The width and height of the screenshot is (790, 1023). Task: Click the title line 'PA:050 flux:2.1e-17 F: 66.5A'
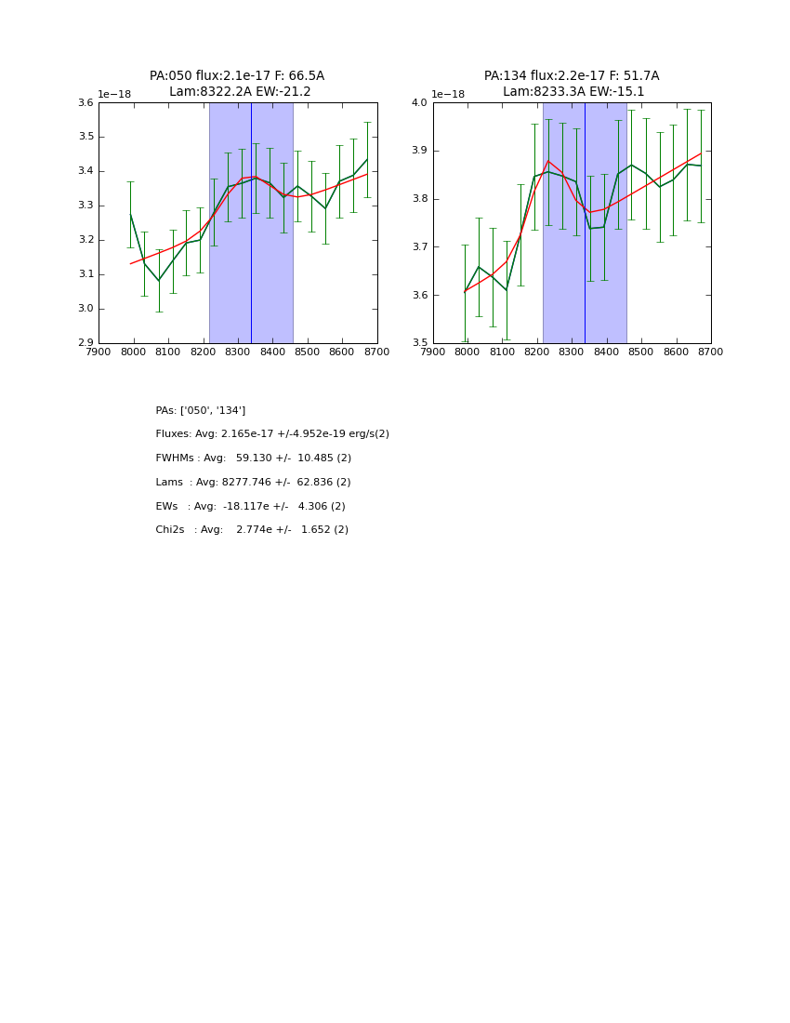[237, 76]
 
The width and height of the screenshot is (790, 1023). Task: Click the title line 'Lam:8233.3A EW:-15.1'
[573, 92]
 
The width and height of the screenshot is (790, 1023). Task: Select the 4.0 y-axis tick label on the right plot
[419, 103]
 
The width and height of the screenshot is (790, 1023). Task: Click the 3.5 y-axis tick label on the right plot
[419, 343]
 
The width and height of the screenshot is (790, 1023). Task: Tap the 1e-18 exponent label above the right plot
[448, 94]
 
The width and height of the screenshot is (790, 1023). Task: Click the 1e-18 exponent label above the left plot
[114, 94]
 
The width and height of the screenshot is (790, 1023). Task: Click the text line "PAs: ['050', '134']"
[201, 411]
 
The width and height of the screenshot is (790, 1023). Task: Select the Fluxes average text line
[272, 434]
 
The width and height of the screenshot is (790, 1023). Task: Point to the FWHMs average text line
[254, 458]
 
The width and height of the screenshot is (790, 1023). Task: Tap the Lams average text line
[254, 483]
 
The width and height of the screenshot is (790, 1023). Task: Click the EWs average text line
[251, 507]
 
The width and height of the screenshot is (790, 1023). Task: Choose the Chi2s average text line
[252, 530]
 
